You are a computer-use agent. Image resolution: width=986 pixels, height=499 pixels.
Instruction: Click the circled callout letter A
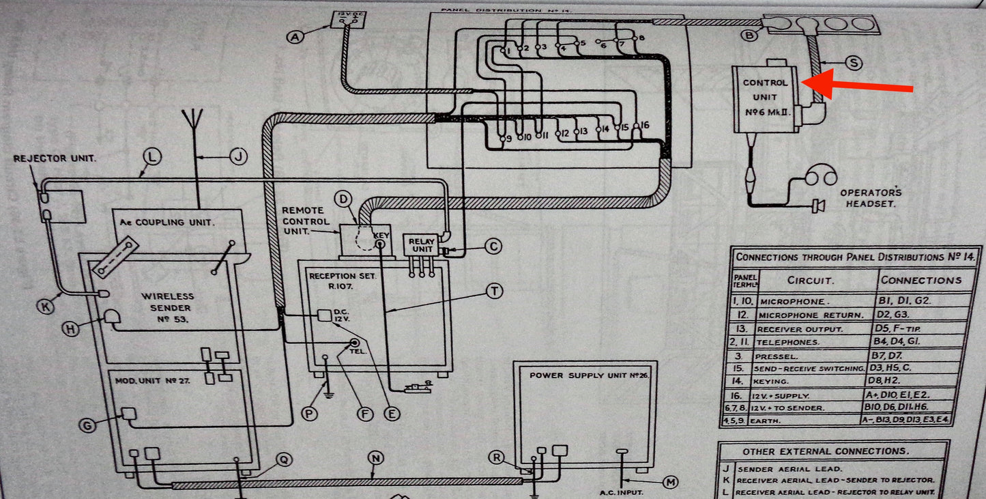(295, 38)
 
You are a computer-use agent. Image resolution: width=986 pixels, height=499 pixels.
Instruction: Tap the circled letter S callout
(852, 62)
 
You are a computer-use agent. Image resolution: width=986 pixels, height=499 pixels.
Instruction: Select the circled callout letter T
(493, 291)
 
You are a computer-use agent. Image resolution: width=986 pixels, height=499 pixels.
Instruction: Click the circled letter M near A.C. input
(671, 482)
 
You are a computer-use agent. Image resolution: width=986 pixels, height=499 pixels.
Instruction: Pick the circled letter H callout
(70, 328)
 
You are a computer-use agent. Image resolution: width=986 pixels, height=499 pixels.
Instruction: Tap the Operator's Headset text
(871, 198)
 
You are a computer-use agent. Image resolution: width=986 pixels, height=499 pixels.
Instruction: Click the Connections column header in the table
(920, 280)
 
